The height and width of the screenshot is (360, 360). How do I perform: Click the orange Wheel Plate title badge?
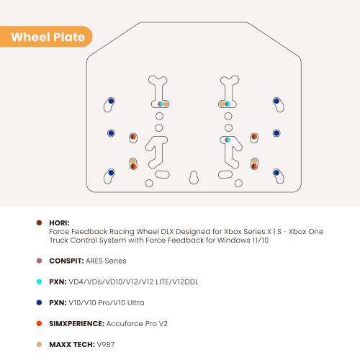coord(46,37)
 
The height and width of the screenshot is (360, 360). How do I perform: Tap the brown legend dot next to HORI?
coord(39,222)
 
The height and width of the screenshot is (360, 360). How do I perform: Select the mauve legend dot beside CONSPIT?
coord(39,261)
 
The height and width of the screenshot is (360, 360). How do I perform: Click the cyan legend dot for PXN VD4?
coord(39,282)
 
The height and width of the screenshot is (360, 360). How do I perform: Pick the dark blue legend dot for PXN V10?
coord(39,302)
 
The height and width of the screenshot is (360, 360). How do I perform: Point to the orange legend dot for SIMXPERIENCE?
coord(39,323)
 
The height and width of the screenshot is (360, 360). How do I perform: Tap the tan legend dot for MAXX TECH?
coord(39,344)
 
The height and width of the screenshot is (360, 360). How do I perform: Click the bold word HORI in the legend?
coord(59,223)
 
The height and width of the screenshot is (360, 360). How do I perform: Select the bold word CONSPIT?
coord(66,261)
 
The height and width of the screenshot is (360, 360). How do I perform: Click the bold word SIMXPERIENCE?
coord(77,324)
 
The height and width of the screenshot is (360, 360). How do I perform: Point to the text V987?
coord(106,345)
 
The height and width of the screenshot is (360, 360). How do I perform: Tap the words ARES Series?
coord(106,261)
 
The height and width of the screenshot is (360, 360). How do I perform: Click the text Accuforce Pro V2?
coord(137,324)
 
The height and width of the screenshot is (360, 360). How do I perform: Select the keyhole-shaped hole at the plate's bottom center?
coord(194,178)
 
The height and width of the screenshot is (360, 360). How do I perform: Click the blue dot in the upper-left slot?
coord(111,101)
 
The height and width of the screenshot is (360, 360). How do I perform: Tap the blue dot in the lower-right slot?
coord(276,173)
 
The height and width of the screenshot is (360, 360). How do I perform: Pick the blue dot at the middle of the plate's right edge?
coord(276,133)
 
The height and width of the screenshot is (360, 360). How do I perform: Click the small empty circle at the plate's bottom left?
coord(149,184)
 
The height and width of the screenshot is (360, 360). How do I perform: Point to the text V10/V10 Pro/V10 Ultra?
coord(107,303)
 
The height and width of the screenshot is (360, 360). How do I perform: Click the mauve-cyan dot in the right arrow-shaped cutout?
coord(228,140)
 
